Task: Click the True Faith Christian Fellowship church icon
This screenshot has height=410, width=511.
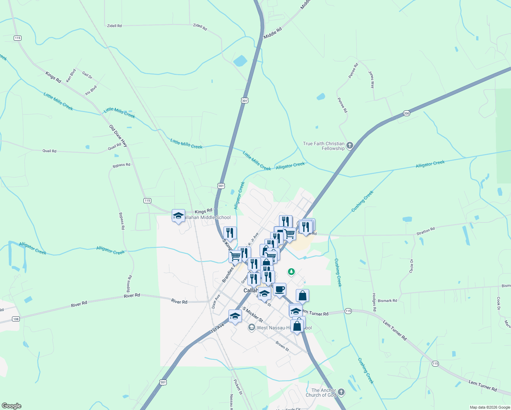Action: (349, 146)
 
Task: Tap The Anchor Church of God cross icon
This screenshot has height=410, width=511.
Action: (341, 392)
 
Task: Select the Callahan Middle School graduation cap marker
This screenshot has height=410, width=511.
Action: (178, 216)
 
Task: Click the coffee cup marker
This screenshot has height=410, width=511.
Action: (279, 289)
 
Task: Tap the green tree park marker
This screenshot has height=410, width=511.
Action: (291, 272)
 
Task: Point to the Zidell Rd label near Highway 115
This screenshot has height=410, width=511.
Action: (114, 26)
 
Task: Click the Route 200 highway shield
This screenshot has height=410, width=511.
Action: (406, 113)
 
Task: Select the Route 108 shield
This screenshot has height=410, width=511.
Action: (16, 319)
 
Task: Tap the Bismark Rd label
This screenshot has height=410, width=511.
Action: (387, 301)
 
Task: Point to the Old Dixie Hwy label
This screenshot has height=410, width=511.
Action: (118, 136)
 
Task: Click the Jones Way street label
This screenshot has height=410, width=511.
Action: (371, 80)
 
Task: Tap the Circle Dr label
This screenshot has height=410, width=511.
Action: (411, 266)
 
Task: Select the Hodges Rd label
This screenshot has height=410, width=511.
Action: (374, 302)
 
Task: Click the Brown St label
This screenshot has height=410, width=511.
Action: (282, 346)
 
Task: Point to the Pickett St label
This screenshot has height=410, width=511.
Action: (238, 387)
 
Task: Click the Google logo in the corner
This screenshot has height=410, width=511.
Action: (11, 406)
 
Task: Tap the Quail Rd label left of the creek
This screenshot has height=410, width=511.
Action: (49, 151)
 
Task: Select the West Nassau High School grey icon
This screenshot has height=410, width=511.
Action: (252, 328)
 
